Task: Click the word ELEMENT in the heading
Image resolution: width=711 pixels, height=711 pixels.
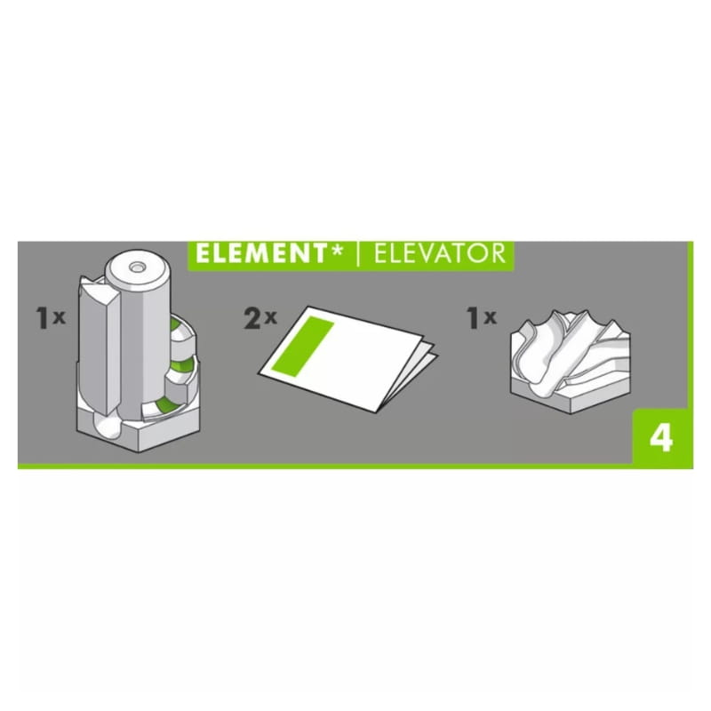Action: coord(260,254)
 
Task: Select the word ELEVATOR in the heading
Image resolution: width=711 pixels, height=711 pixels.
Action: coord(439,254)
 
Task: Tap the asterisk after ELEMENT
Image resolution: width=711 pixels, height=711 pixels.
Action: coord(336,251)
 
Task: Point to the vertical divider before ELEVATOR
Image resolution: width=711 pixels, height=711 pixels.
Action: coord(359,255)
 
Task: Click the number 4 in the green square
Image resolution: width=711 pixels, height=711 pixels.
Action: coord(661,438)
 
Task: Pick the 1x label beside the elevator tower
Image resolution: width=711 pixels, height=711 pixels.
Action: coord(51,318)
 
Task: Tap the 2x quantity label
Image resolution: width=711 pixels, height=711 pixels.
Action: coord(260,318)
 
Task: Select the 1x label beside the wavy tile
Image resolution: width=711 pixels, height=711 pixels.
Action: coord(482,318)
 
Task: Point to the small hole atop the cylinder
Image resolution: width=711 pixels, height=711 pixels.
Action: coord(136,268)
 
